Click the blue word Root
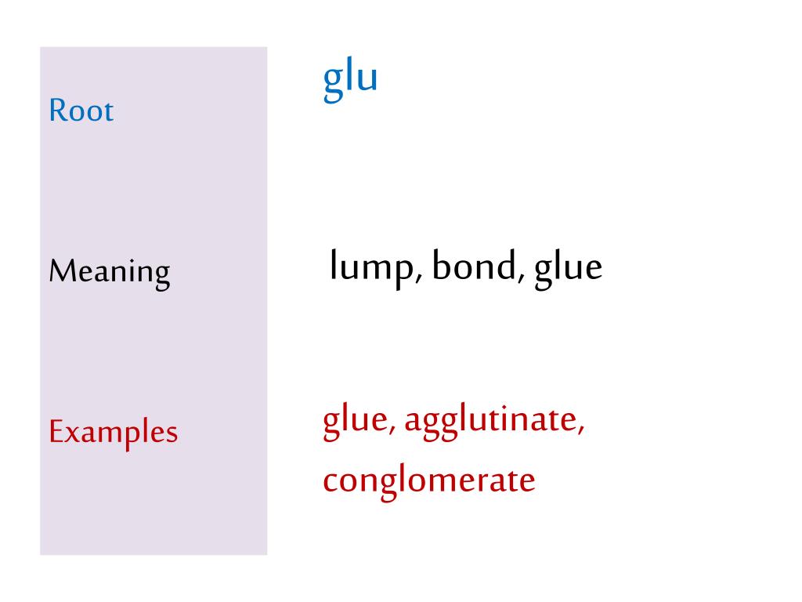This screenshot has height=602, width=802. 81,110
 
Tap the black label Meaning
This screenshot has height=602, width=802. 110,272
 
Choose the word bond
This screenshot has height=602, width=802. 474,265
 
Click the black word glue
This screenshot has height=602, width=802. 569,268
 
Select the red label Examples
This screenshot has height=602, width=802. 113,433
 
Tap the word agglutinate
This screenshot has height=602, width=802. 491,422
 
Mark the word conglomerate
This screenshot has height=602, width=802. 429,482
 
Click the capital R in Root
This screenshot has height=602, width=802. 57,110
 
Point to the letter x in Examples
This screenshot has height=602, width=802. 73,434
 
